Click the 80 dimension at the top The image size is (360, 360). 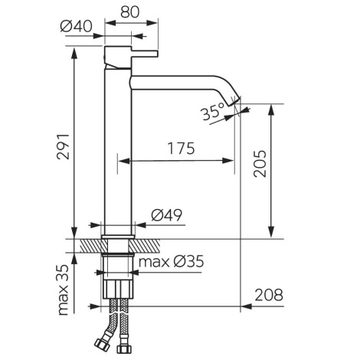click(x=130, y=12)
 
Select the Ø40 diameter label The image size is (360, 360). click(x=76, y=26)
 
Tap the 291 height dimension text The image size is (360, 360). click(x=63, y=146)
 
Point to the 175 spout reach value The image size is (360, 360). click(x=181, y=149)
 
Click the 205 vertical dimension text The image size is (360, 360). click(x=260, y=164)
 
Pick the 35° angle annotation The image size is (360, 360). click(x=212, y=112)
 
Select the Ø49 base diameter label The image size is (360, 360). click(x=167, y=215)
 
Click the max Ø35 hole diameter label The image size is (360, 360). click(x=171, y=262)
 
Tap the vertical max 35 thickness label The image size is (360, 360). click(x=63, y=290)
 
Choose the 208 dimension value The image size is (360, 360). click(x=269, y=296)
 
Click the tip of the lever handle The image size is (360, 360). click(x=157, y=54)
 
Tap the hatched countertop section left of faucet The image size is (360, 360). click(x=91, y=246)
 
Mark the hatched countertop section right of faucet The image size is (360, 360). click(x=146, y=246)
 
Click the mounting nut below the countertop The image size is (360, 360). click(x=118, y=289)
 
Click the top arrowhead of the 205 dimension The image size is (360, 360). click(x=271, y=109)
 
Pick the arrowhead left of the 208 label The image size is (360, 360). click(x=246, y=306)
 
